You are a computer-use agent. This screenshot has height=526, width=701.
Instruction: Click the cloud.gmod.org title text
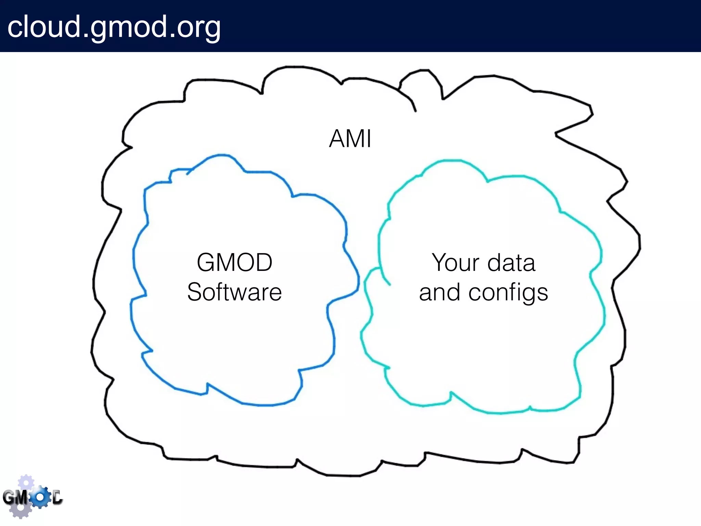coord(114,27)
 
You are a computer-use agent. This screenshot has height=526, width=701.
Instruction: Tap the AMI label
coord(350,139)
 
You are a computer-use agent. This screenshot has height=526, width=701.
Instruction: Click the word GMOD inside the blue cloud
coord(234,262)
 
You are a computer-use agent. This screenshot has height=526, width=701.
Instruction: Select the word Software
coord(234,292)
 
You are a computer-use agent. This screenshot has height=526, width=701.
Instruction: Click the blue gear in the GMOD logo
coord(40,497)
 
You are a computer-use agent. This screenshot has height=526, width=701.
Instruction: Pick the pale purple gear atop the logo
coord(26,482)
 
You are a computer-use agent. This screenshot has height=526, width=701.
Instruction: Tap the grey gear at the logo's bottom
coord(21,510)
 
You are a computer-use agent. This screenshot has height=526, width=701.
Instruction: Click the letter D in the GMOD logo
coord(57,497)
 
